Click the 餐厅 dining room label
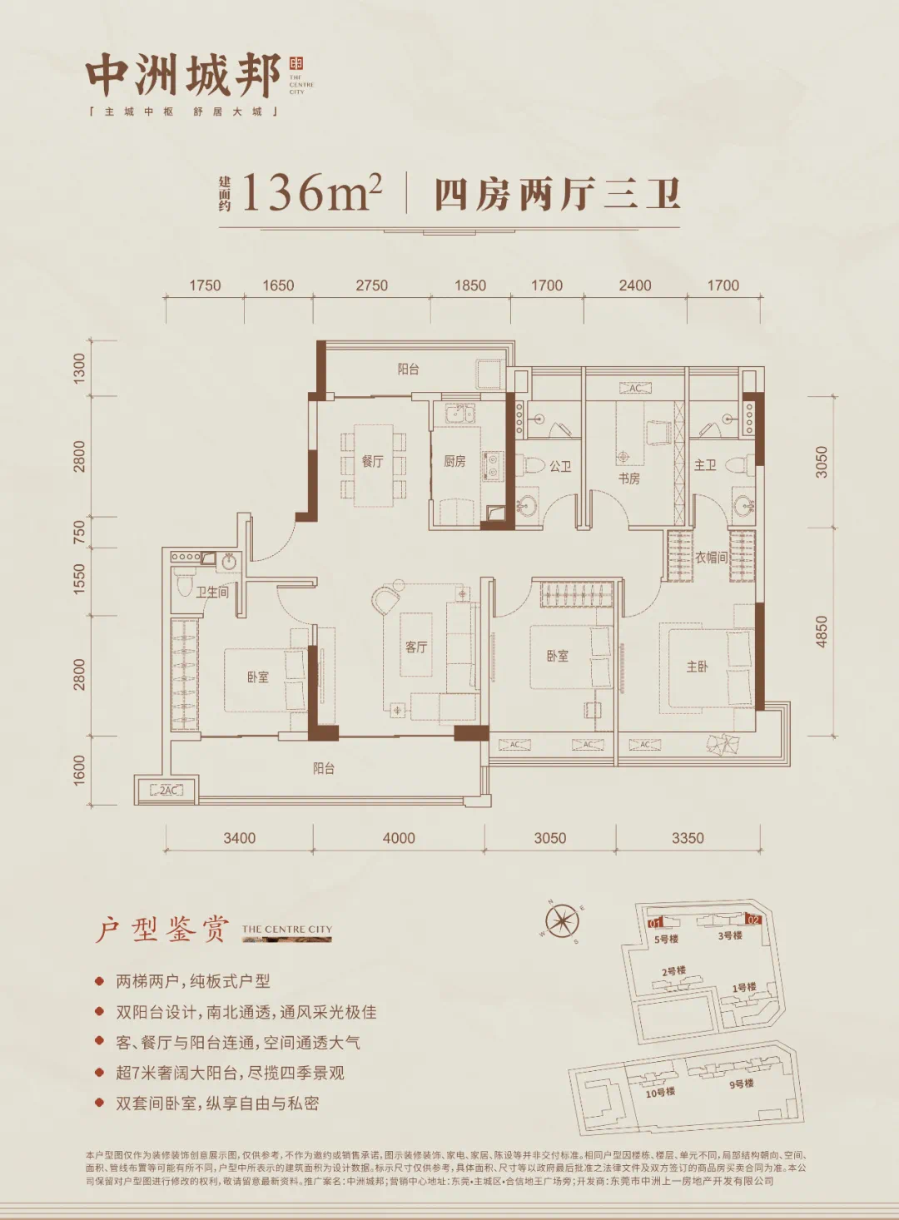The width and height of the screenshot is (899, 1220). coord(372,461)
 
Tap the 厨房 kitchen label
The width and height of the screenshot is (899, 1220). coord(454,461)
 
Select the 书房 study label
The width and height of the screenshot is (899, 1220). coord(629,479)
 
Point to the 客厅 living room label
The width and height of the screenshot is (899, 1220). coord(416,647)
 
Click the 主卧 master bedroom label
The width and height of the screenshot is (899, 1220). coord(697,667)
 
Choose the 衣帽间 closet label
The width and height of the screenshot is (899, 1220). coord(711,558)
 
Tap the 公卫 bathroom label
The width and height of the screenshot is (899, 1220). coord(560,466)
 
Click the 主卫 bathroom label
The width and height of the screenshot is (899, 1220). coord(705,465)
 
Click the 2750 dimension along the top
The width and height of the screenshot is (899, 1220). coord(371,285)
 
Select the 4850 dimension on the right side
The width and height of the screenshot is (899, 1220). coord(822,632)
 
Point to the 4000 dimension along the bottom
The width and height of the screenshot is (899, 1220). coord(399,838)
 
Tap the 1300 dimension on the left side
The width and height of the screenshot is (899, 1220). coord(80,367)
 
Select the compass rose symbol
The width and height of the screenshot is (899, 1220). coord(563,921)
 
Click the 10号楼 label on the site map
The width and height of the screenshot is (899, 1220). coord(660,1092)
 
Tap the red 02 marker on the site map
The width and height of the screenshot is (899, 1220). coord(752,920)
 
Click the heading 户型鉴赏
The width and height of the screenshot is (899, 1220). coord(161,930)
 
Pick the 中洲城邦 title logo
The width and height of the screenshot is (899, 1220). coord(183,77)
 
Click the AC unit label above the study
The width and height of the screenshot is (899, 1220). coord(635,389)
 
